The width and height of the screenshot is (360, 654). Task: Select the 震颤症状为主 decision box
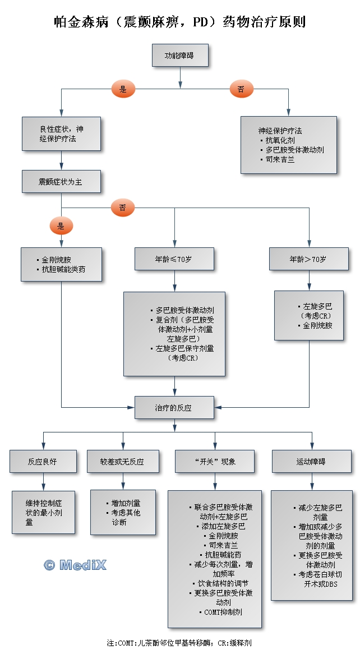pyautogui.click(x=61, y=182)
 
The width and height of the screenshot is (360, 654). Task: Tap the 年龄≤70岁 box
pyautogui.click(x=174, y=259)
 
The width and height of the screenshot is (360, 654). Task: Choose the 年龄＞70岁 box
pyautogui.click(x=308, y=259)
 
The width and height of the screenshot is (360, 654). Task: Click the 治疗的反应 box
pyautogui.click(x=174, y=408)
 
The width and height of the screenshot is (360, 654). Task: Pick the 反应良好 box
pyautogui.click(x=43, y=462)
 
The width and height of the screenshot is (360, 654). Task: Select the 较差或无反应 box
pyautogui.click(x=123, y=462)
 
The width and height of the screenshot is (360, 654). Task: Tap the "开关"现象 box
pyautogui.click(x=215, y=462)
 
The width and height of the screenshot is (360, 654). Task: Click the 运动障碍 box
pyautogui.click(x=312, y=462)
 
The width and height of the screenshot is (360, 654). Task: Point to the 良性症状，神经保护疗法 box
pyautogui.click(x=62, y=133)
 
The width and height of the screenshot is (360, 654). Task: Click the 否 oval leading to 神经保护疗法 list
pyautogui.click(x=241, y=89)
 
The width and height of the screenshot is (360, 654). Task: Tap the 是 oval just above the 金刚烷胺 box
pyautogui.click(x=61, y=226)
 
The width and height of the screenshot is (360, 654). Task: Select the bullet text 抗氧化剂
pyautogui.click(x=280, y=140)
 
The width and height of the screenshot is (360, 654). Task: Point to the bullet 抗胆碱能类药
pyautogui.click(x=64, y=269)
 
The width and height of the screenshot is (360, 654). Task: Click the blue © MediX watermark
pyautogui.click(x=75, y=565)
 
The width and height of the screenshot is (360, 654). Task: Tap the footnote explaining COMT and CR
pyautogui.click(x=183, y=642)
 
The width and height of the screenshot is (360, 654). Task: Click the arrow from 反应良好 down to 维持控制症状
pyautogui.click(x=43, y=482)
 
